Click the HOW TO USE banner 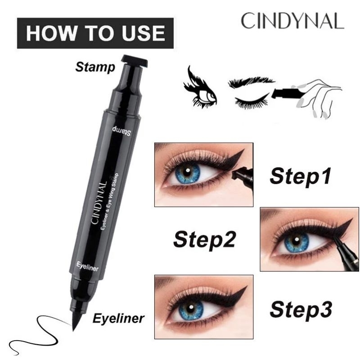[x=95, y=33]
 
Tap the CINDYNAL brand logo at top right [x=292, y=21]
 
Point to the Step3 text [x=301, y=309]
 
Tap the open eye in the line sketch [x=200, y=89]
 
